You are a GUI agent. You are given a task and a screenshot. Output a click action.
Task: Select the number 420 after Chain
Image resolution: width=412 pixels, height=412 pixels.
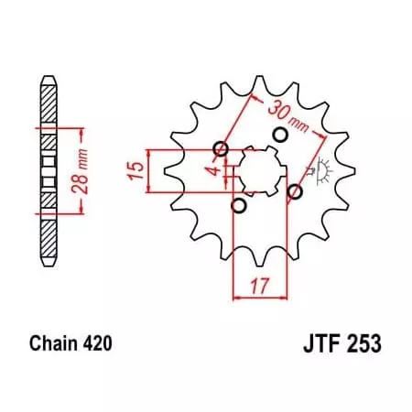(x=97, y=345)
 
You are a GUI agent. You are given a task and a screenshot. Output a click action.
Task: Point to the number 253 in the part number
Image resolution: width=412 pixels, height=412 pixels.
(x=363, y=345)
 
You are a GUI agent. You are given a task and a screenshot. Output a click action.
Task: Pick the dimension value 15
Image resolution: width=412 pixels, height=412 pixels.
(x=135, y=170)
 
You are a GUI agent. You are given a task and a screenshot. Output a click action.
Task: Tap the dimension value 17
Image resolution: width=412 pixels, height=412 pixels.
(x=262, y=285)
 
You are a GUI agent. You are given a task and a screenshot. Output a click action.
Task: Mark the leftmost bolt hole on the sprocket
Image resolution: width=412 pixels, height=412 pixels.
(x=220, y=149)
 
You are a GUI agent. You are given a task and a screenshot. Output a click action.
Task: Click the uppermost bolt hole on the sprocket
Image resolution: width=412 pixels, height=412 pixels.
(x=280, y=135)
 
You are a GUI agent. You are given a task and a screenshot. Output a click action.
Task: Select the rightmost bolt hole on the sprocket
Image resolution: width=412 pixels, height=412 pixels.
(x=295, y=191)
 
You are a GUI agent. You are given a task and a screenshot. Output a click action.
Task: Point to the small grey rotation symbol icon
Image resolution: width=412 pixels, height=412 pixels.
(x=320, y=170)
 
